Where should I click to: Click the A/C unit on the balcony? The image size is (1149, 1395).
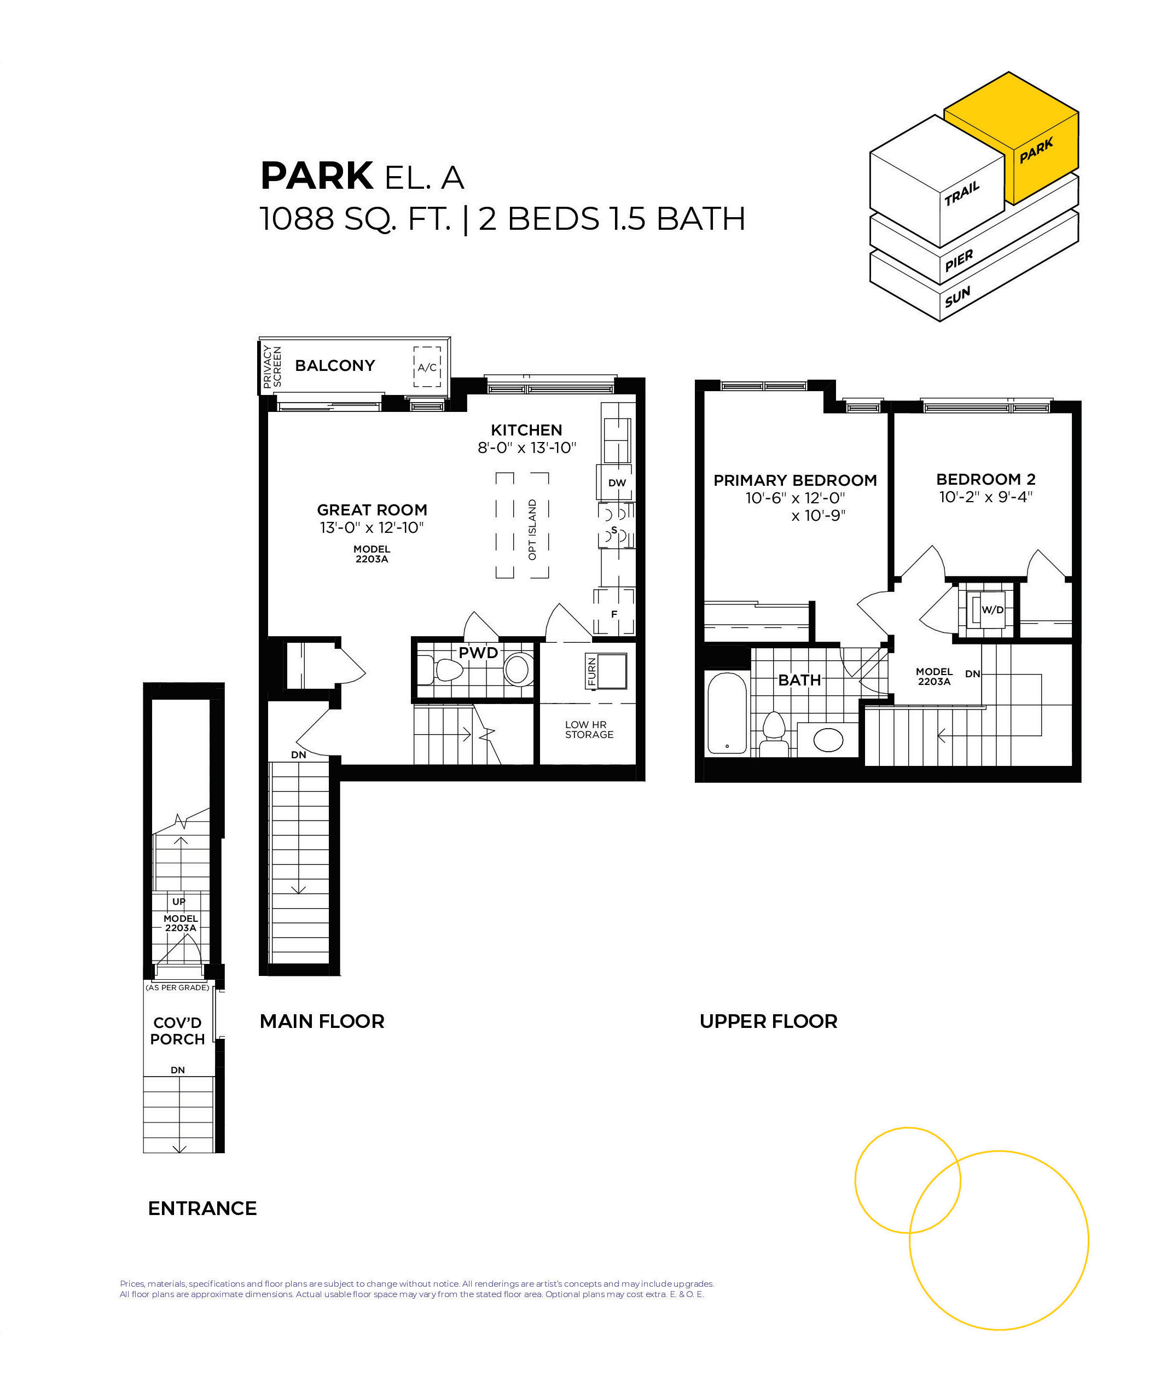point(427,367)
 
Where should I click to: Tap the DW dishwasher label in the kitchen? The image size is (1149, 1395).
point(617,483)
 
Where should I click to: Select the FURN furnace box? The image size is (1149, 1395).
point(606,672)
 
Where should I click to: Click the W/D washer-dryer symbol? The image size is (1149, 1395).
point(989,609)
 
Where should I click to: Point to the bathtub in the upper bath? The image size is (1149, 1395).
point(727,713)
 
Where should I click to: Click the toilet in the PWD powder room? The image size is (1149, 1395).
point(442,670)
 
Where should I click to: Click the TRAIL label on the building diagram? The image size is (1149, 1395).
point(962,193)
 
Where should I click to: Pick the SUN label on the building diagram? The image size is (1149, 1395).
point(957,297)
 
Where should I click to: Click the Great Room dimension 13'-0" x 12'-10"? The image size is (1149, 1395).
point(372,527)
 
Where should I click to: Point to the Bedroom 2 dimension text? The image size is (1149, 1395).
point(985,497)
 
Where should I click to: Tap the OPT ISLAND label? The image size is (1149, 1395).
point(532,530)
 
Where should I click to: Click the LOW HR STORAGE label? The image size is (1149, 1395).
point(589,729)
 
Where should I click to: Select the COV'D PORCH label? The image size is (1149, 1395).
point(177,1031)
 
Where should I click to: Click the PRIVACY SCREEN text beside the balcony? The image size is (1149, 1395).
point(272,367)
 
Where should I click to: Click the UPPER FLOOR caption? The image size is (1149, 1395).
point(768,1021)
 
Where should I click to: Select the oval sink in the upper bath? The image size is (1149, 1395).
point(828,740)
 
